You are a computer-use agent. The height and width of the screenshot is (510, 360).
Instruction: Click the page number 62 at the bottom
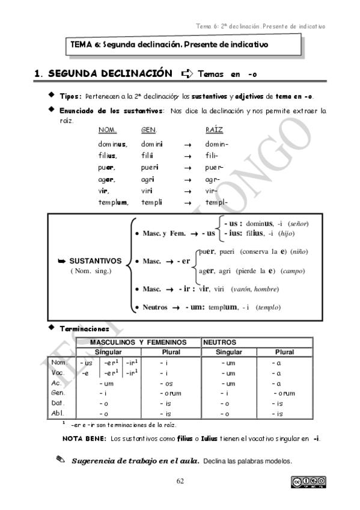pos(180,481)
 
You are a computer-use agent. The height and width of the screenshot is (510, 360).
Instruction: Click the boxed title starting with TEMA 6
pos(169,45)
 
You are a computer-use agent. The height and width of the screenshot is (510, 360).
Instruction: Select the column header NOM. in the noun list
pos(107,130)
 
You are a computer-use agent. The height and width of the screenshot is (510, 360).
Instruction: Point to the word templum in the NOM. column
pos(113,202)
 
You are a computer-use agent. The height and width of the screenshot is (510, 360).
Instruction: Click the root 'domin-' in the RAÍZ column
pos(216,144)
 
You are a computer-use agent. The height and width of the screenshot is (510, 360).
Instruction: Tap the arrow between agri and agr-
pos(187,179)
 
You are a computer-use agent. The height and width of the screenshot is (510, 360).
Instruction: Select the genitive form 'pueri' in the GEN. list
pos(149,168)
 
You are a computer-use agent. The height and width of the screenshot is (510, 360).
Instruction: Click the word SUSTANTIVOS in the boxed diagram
pos(95,262)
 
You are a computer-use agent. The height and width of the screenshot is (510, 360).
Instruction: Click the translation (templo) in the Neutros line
pos(268,307)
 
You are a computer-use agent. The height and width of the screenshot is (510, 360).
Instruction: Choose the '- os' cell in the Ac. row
pos(166,383)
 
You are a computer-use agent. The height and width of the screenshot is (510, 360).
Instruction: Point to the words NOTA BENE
pos(84,438)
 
